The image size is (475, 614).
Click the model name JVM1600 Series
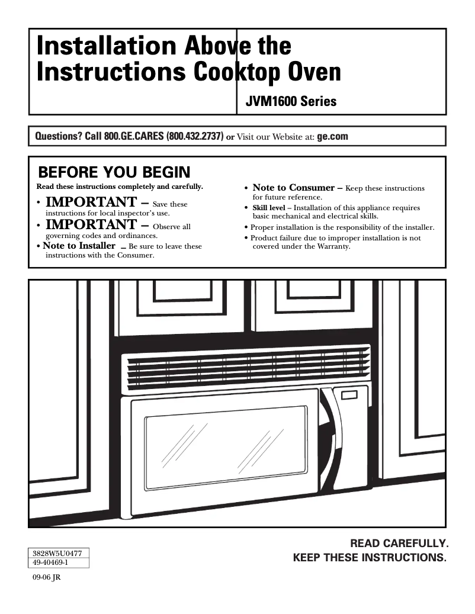[x=290, y=102]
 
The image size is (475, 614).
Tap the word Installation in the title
[x=104, y=46]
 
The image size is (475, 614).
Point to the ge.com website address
[x=333, y=136]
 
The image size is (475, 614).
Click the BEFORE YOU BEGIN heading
[x=114, y=172]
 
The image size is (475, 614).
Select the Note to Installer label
[x=79, y=246]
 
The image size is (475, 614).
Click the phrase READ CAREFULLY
[x=400, y=543]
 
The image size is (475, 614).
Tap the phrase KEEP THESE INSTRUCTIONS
[x=371, y=558]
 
